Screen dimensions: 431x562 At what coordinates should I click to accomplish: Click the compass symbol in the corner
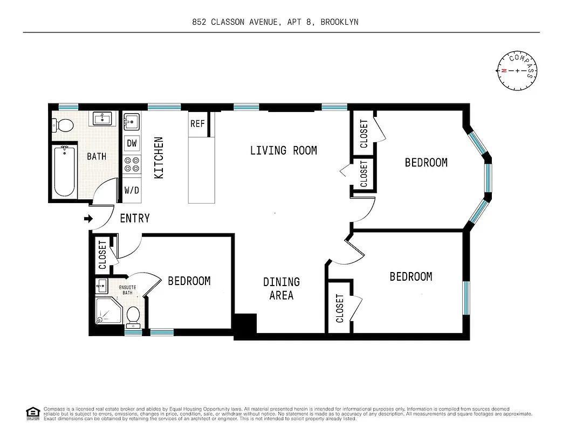517,71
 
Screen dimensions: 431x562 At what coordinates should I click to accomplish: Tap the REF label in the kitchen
197,124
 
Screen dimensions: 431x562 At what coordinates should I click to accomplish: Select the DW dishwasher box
132,143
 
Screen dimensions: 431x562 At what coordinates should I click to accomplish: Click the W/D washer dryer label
132,190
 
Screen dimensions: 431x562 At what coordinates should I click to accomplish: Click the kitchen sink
132,121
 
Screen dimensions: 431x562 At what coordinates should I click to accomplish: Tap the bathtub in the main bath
64,171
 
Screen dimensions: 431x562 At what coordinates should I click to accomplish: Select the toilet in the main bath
64,126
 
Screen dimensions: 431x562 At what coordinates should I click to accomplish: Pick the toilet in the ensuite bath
133,316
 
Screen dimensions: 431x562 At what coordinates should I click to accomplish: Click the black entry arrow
88,219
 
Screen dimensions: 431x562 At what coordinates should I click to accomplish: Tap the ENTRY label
134,219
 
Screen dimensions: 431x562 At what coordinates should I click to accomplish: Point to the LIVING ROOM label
283,150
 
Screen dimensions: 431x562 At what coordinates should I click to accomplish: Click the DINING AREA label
282,288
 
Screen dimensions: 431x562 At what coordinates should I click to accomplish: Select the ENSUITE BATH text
127,290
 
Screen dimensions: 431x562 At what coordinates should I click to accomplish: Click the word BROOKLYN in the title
339,22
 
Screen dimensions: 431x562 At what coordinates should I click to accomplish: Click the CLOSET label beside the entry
102,255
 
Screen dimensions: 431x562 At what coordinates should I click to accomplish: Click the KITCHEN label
159,158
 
